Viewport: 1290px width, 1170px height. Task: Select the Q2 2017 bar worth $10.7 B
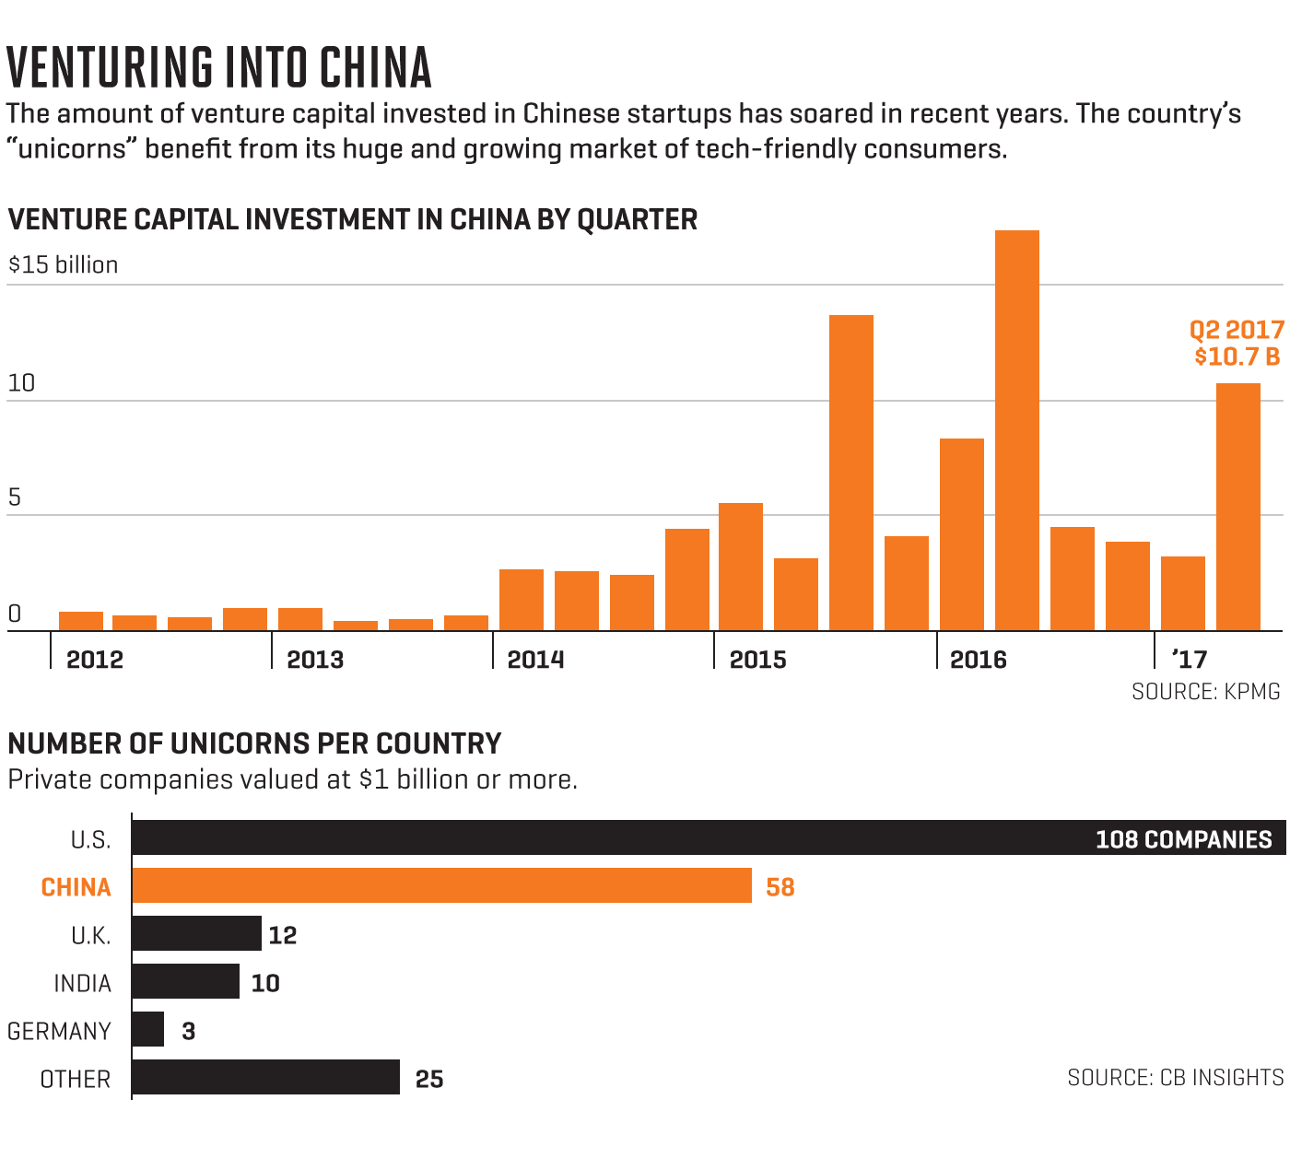[1237, 507]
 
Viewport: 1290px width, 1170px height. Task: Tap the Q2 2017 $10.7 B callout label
[1237, 344]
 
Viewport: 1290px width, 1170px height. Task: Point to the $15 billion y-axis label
[64, 265]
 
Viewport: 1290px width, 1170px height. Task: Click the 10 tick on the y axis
[21, 383]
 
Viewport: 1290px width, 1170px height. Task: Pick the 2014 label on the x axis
[535, 660]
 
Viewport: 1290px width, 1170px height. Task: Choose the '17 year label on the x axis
[1189, 660]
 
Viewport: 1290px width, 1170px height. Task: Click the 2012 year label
[95, 660]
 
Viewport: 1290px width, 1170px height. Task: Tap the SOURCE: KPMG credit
[1205, 692]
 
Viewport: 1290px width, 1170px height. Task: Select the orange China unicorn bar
[441, 886]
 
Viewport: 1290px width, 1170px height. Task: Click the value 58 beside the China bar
[780, 887]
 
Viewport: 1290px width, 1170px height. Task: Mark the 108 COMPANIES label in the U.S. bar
[1183, 839]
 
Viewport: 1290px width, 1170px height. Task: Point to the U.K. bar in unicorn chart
[196, 933]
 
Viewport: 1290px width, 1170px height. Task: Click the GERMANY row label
[59, 1031]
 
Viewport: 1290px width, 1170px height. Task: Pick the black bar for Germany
[147, 1029]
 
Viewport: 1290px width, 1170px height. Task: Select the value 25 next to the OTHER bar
[429, 1079]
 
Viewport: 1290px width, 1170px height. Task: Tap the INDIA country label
[82, 983]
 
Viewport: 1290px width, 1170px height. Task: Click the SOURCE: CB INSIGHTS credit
[1175, 1077]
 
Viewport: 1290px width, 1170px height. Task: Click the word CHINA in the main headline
[376, 67]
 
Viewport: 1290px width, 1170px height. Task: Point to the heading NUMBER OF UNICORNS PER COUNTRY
[254, 743]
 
